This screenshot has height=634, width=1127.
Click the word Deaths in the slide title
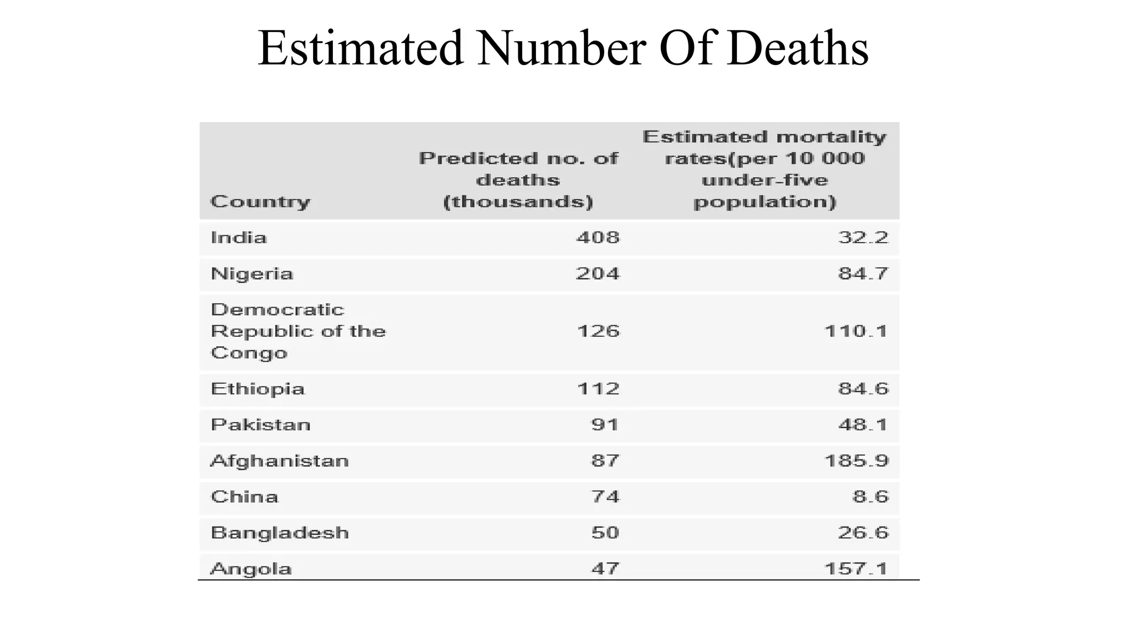pos(797,48)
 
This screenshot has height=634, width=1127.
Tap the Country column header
pos(260,201)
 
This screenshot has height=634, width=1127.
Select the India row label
pos(239,238)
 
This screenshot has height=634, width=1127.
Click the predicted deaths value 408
pos(598,238)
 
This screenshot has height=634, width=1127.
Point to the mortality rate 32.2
pos(863,238)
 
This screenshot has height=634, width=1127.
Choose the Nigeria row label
pos(252,274)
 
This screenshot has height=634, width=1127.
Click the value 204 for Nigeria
pos(598,274)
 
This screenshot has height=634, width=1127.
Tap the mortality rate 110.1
pos(856,331)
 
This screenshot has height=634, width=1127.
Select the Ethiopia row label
pos(258,389)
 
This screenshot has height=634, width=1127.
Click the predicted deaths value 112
pos(598,389)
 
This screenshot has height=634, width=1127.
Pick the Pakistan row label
pos(261,425)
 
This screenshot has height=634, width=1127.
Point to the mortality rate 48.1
pos(863,425)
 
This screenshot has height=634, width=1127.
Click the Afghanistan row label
pos(280,461)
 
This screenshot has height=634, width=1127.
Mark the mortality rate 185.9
pos(856,461)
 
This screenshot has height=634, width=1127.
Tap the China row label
pos(244,497)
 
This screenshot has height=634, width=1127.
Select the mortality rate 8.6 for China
pos(871,497)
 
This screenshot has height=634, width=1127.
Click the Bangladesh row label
pos(280,533)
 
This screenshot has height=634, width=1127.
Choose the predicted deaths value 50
pos(605,533)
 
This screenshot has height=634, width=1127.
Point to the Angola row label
pos(251,569)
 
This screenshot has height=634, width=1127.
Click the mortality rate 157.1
pos(856,569)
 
